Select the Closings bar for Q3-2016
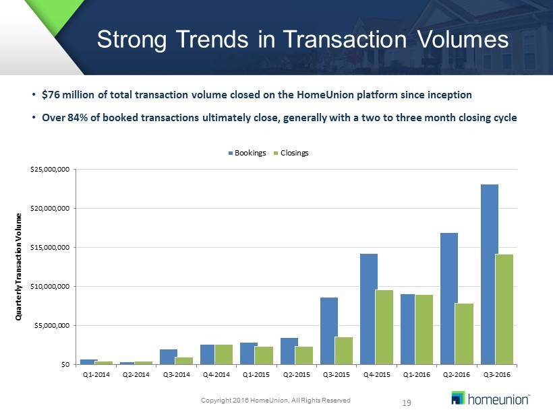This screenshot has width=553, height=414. pos(504,309)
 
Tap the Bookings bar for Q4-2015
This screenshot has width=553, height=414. pos(369,309)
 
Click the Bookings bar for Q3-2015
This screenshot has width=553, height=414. pos(329,331)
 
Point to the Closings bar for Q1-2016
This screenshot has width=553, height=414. pos(424,329)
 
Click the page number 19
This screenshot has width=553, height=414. pos(406,403)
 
